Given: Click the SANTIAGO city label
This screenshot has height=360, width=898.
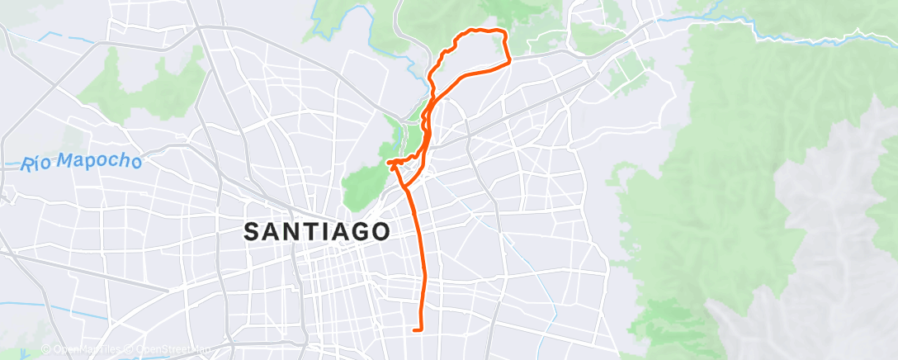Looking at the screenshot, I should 317,231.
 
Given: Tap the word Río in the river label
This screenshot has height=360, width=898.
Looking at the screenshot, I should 38,164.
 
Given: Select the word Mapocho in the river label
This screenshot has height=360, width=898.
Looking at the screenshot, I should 102,161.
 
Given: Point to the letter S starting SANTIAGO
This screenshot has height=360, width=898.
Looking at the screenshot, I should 253,232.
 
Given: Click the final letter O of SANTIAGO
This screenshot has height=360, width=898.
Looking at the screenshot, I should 380,231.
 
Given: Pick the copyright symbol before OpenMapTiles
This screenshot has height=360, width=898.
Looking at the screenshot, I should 46,350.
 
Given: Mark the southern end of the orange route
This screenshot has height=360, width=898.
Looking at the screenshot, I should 414,330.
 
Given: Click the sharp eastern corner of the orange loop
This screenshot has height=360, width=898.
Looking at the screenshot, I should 509,59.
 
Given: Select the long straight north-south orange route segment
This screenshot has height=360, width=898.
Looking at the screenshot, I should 421,264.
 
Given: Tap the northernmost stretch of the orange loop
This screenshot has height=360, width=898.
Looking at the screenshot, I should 483,31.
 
